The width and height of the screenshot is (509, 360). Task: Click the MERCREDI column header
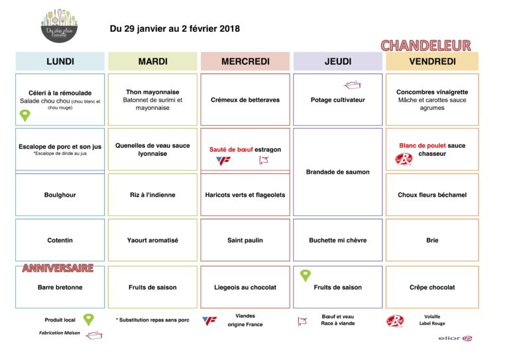tap(245, 62)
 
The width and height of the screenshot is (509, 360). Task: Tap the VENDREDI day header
tap(432, 62)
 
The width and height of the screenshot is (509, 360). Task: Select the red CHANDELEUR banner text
tap(425, 46)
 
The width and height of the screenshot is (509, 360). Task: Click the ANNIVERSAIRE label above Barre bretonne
tap(58, 269)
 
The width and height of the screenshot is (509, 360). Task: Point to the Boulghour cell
tap(60, 195)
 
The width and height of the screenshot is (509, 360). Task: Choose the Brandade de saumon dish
tap(338, 172)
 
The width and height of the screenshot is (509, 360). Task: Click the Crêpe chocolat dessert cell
tap(432, 287)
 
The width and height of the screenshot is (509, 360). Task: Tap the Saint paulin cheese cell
tap(245, 240)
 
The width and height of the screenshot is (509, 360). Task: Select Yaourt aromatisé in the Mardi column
tap(152, 240)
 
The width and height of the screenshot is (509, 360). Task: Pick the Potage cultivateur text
tap(338, 100)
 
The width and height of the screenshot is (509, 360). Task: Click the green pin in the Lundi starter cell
tap(25, 115)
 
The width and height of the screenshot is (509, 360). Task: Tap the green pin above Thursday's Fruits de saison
tap(306, 275)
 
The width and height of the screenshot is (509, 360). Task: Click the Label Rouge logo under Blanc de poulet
tap(404, 159)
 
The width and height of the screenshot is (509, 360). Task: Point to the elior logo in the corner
tap(455, 339)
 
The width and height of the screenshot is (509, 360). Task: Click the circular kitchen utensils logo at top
tap(60, 26)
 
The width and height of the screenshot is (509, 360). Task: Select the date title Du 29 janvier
tap(175, 29)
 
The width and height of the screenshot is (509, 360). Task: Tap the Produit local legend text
tap(60, 320)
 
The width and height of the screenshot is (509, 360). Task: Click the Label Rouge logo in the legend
tap(395, 321)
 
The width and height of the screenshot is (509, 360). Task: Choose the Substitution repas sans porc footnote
tap(152, 320)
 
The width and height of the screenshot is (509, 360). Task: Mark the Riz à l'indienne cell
tap(152, 195)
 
